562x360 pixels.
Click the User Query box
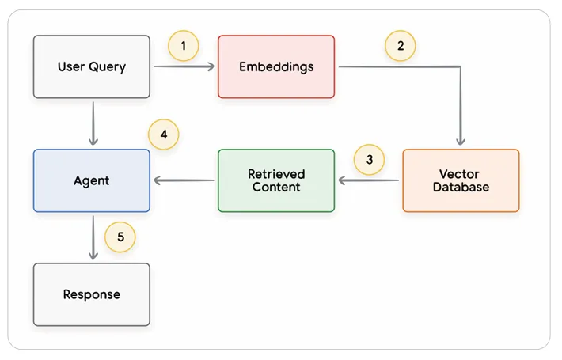92,66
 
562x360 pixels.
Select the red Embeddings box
276,66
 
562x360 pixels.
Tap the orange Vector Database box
461,180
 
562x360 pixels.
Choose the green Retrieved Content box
276,180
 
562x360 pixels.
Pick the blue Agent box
92,180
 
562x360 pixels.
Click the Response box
92,294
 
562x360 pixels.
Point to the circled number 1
184,46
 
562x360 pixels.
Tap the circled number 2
401,46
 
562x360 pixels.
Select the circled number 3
369,159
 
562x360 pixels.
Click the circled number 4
163,135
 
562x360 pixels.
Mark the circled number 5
120,237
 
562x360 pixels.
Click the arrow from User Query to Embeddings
184,66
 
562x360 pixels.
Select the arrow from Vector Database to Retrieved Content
368,180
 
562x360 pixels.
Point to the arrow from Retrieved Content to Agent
184,180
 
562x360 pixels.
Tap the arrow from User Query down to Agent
93,123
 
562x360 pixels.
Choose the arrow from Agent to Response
93,237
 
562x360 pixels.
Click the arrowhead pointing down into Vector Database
461,142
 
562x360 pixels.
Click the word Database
461,187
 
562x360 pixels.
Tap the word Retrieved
276,174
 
